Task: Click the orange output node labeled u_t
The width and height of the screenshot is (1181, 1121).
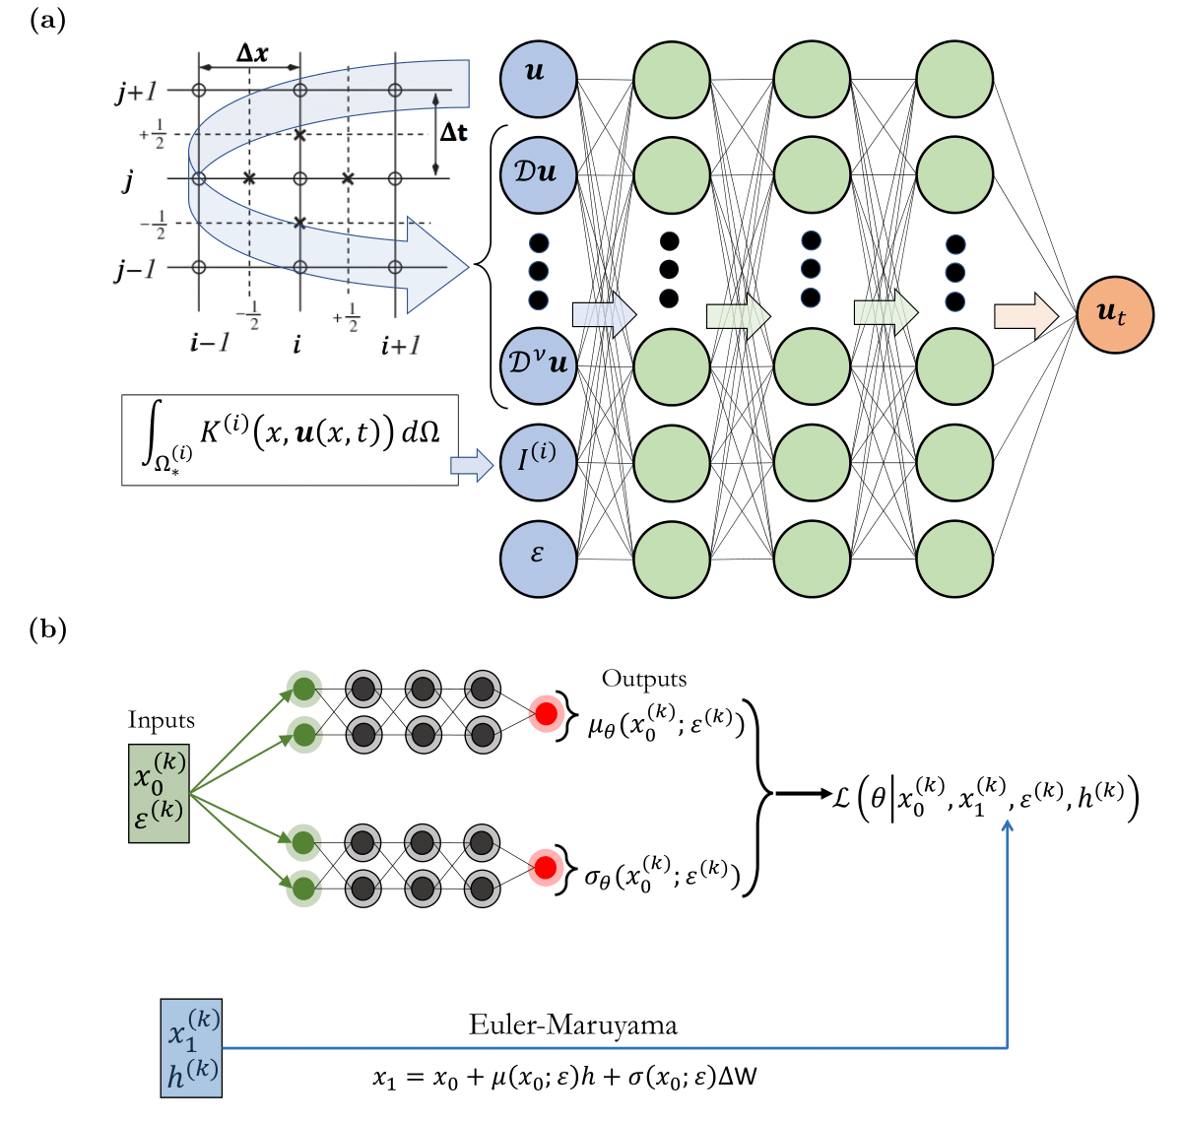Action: (1115, 314)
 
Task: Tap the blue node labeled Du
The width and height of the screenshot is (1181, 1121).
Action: (538, 174)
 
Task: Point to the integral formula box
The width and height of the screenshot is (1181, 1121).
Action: (290, 440)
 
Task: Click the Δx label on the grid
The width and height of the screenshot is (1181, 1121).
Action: (251, 53)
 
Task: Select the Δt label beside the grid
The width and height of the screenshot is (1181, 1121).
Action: (453, 132)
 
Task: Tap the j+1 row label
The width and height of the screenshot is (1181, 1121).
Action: (136, 92)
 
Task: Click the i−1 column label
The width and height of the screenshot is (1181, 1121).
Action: (209, 344)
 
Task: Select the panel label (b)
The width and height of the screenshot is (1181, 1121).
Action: (48, 628)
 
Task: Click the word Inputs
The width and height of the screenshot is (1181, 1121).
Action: (161, 720)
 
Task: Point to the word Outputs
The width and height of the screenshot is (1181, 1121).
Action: (644, 679)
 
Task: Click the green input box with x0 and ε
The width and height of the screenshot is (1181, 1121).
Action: (159, 793)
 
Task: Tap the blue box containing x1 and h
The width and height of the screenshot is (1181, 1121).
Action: (192, 1047)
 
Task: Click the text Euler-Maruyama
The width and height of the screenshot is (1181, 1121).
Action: (572, 1025)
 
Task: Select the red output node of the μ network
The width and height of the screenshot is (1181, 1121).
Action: (545, 710)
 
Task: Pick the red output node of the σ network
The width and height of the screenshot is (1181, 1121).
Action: (545, 867)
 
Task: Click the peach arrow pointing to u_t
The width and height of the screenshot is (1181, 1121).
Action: (1025, 315)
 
